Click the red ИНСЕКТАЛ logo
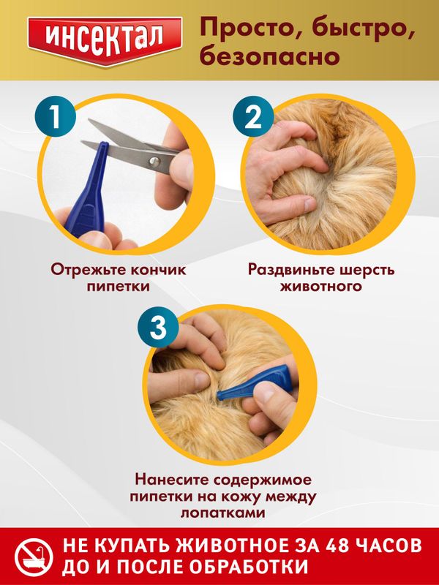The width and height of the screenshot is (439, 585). pos(105,41)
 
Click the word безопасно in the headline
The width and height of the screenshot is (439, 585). pos(269,56)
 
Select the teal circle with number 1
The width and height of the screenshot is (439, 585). pos(56,117)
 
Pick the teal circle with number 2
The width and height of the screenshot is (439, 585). pos(252,117)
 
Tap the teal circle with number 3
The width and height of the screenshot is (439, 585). pos(158,328)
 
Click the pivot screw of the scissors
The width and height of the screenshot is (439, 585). pos(154,162)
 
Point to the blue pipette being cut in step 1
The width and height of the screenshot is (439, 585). pos(89,191)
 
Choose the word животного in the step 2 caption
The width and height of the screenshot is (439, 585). pos(321,287)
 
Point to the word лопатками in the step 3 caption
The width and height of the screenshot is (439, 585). pos(223,513)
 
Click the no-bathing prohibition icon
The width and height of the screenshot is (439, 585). pos(34,558)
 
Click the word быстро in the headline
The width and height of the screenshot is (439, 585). pos(361,29)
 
